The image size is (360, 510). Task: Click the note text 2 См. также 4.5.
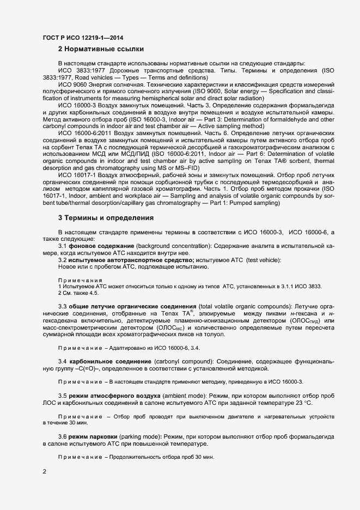[x=78, y=293]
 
